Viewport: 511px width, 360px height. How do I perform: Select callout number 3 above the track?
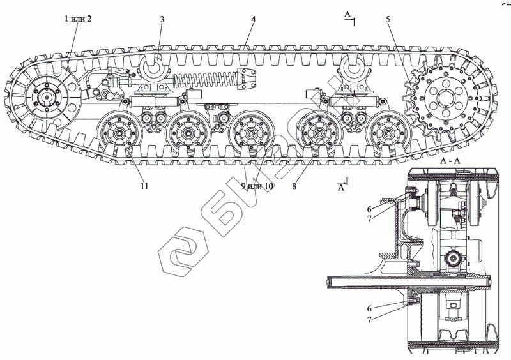click(x=162, y=20)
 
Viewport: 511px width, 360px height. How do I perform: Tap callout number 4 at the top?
click(x=254, y=20)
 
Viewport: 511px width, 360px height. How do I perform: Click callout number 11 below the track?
click(x=144, y=186)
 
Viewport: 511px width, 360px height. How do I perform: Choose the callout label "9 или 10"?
click(x=257, y=186)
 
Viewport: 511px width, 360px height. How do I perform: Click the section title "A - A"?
click(x=450, y=163)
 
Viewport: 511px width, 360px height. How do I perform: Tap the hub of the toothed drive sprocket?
click(x=445, y=99)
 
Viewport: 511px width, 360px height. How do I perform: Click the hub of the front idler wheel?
click(x=47, y=100)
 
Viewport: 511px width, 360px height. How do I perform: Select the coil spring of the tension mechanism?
click(x=201, y=82)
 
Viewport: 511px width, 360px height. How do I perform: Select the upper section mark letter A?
click(x=346, y=13)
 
